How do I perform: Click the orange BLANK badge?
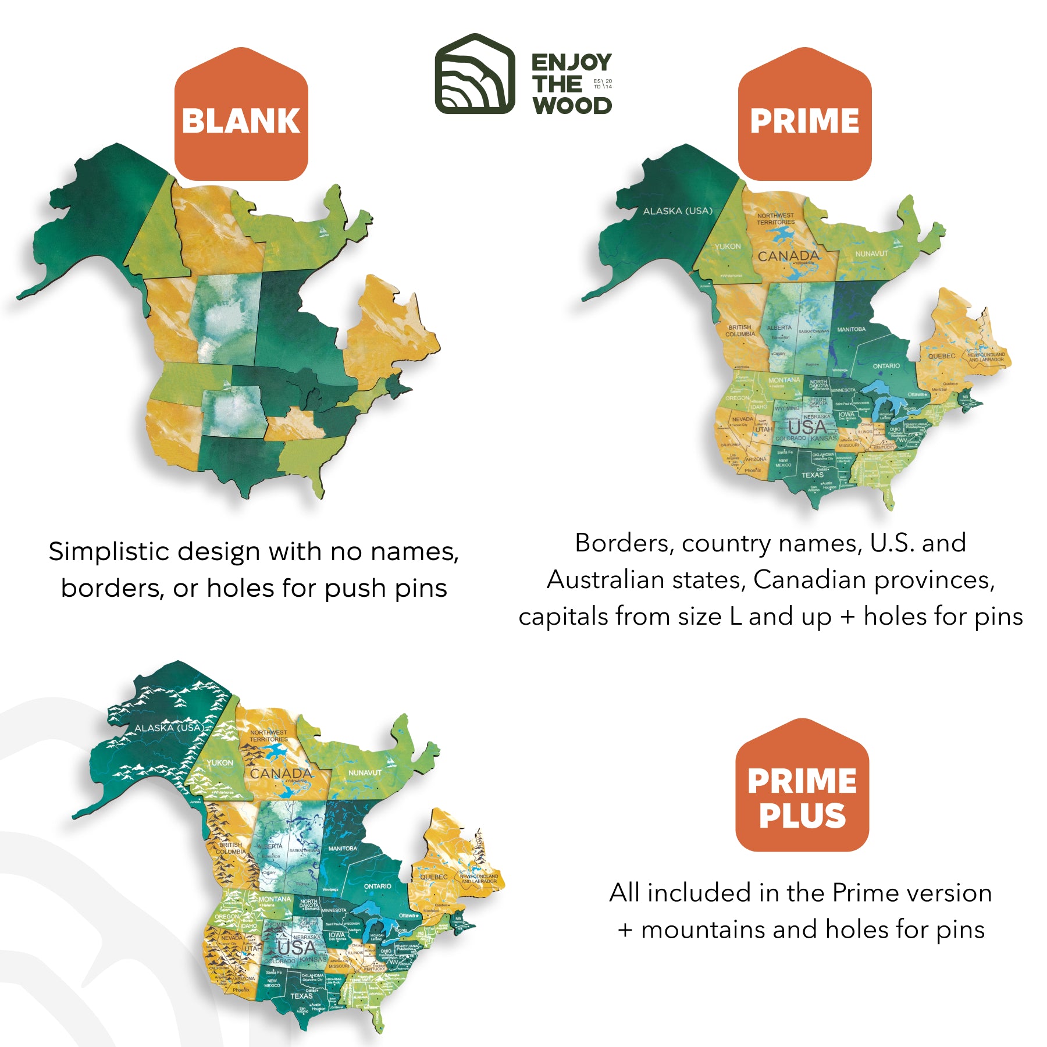coord(241,119)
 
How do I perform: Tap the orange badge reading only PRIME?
coord(804,119)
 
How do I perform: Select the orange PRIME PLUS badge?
coord(802,797)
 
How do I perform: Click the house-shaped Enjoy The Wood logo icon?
coord(475,74)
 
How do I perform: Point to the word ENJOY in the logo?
coord(571,62)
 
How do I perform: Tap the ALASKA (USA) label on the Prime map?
coord(678,211)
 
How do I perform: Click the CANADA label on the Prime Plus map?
coord(280,773)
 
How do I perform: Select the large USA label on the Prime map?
coord(807,428)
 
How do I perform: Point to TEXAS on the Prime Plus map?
coord(301,996)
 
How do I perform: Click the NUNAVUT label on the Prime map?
coord(871,254)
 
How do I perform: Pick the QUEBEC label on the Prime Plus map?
coord(434,877)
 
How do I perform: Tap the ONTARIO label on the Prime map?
coord(886,366)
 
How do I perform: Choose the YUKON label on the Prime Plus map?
coord(220,763)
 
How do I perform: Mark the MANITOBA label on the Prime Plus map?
coord(343,849)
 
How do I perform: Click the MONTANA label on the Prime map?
coord(784,380)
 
